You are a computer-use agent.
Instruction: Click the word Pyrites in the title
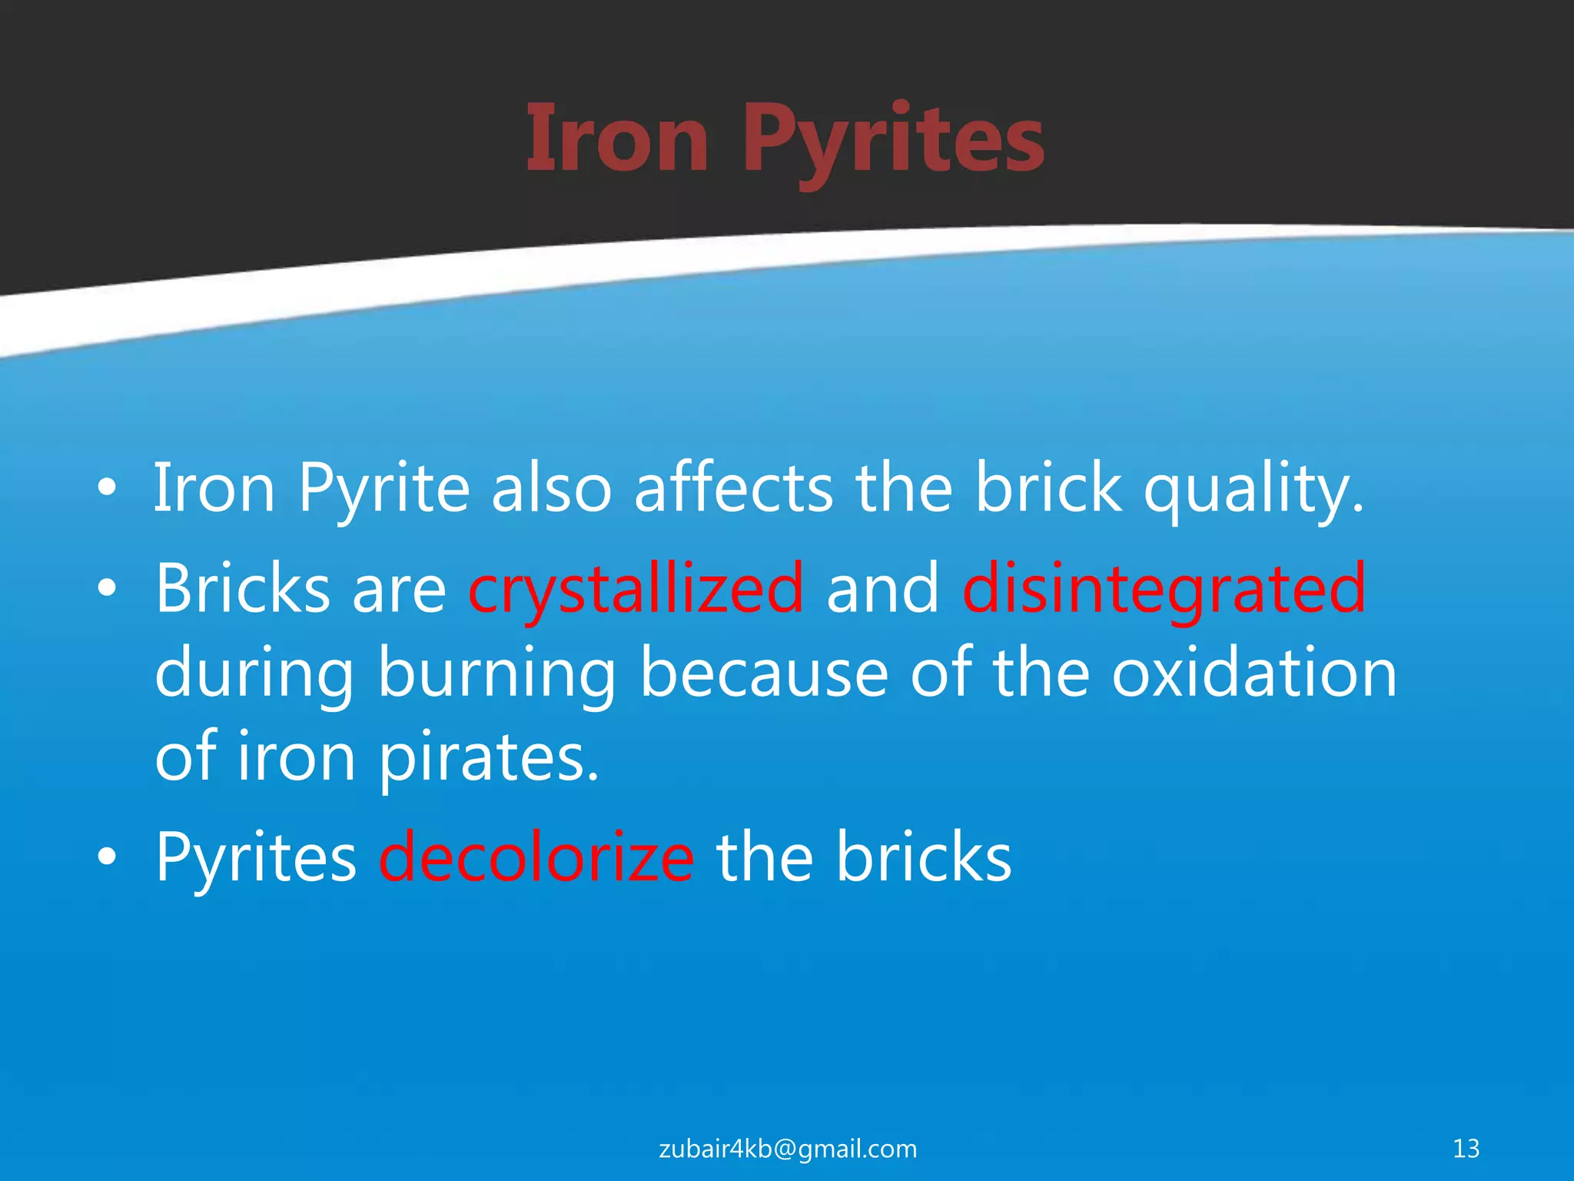[893, 142]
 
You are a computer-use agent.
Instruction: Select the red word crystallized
[636, 590]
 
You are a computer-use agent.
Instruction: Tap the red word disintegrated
[1164, 590]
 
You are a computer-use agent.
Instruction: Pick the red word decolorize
[536, 858]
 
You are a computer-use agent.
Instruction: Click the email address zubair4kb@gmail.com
[788, 1148]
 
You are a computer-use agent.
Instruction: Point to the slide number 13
[1466, 1148]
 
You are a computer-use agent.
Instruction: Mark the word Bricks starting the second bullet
[243, 589]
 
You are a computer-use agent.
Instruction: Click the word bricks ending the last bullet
[924, 858]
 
